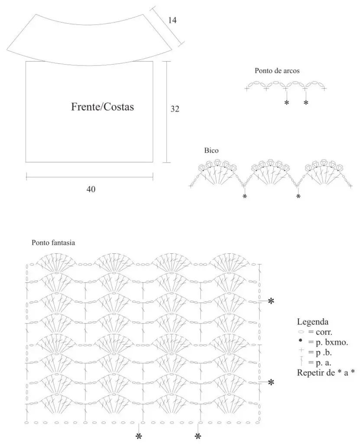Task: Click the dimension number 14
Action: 172,20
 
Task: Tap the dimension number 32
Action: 175,109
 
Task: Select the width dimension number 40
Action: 91,189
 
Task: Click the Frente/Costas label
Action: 102,107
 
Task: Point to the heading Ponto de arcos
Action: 277,71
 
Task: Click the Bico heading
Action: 211,150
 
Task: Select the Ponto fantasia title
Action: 53,243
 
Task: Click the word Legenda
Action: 313,322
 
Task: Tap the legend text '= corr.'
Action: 320,332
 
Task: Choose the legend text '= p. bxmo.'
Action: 328,342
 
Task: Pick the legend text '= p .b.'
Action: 320,353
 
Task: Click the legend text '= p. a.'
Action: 320,363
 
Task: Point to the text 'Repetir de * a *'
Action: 326,372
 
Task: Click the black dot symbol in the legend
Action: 301,340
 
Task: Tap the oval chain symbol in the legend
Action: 301,332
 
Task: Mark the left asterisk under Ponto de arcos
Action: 287,102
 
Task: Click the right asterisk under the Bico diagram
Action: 298,196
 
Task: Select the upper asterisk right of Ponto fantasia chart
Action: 271,301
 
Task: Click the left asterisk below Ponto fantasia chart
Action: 139,436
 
